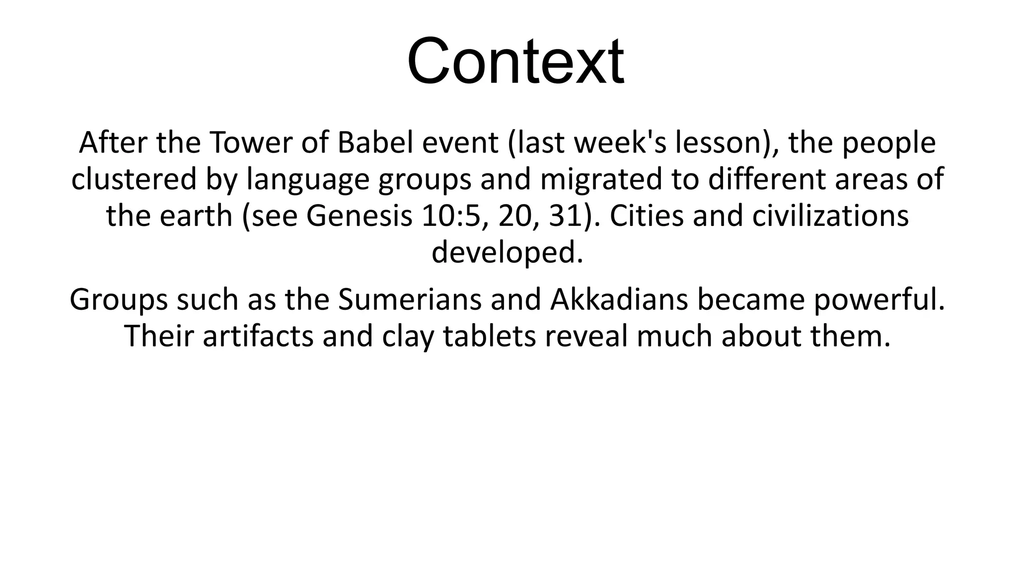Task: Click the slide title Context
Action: point(515,62)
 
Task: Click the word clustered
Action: point(134,180)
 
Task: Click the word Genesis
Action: point(360,216)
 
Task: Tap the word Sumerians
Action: point(410,300)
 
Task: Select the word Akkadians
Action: point(619,300)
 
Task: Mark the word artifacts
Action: point(258,337)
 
